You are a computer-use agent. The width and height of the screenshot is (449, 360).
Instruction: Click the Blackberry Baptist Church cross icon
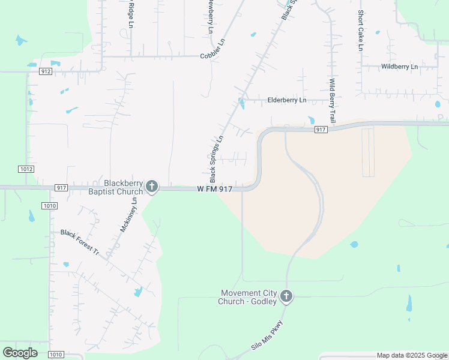pyautogui.click(x=152, y=187)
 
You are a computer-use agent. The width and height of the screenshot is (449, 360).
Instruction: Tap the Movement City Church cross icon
pyautogui.click(x=286, y=296)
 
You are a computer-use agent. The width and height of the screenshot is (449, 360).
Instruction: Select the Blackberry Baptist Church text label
pyautogui.click(x=124, y=187)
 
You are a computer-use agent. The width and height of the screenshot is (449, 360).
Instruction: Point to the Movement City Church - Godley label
pyautogui.click(x=247, y=297)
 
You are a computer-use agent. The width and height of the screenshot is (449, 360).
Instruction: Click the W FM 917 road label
pyautogui.click(x=214, y=188)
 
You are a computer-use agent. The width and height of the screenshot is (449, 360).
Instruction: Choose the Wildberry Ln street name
pyautogui.click(x=399, y=67)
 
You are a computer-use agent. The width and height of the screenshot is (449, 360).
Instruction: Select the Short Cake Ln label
pyautogui.click(x=361, y=30)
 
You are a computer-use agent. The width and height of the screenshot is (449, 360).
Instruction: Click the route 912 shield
pyautogui.click(x=46, y=71)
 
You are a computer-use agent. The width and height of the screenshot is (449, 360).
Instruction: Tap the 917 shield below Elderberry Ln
pyautogui.click(x=320, y=130)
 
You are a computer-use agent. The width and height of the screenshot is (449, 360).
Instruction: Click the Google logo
pyautogui.click(x=20, y=353)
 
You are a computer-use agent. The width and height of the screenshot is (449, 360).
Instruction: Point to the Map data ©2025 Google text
pyautogui.click(x=412, y=355)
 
